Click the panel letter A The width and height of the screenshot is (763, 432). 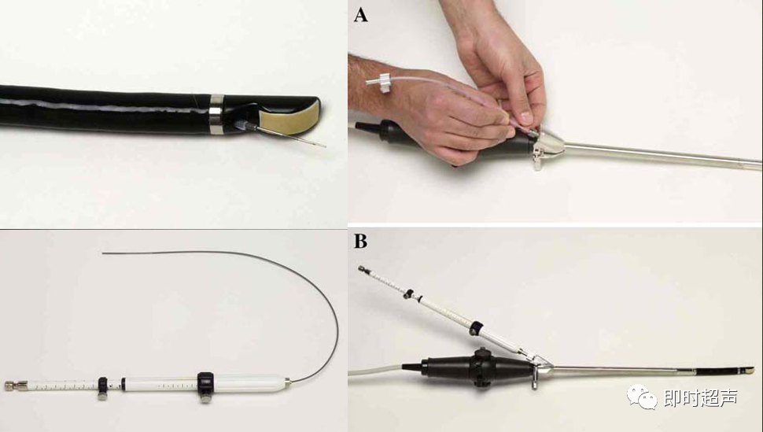360,15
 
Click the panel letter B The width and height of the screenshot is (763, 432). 360,241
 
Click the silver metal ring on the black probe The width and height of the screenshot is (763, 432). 216,114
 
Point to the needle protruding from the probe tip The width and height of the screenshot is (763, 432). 292,137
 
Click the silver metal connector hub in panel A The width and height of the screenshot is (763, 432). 547,146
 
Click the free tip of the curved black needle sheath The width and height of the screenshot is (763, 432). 103,253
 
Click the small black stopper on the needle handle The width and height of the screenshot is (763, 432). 102,386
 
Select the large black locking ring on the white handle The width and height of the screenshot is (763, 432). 205,386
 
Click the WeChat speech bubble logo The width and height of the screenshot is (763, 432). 643,397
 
